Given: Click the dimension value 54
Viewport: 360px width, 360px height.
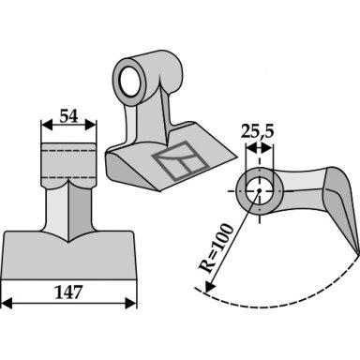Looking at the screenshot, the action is click(x=68, y=116).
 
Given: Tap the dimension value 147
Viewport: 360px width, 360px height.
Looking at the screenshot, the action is click(x=68, y=292).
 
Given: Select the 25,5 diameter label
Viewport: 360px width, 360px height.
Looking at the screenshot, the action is click(x=257, y=131).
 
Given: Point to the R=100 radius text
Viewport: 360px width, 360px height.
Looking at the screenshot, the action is click(x=217, y=248).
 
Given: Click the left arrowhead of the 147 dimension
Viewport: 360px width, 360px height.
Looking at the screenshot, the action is click(x=7, y=303).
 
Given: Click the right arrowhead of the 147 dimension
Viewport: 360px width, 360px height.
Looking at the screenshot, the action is click(x=131, y=303).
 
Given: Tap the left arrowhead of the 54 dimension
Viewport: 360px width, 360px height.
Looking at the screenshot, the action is click(x=47, y=126).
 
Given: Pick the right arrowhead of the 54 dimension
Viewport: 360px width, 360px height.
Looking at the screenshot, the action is click(x=91, y=126).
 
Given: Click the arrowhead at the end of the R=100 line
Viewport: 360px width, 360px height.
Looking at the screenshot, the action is click(x=209, y=286).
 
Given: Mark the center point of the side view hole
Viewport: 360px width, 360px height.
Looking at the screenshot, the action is click(x=259, y=190).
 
